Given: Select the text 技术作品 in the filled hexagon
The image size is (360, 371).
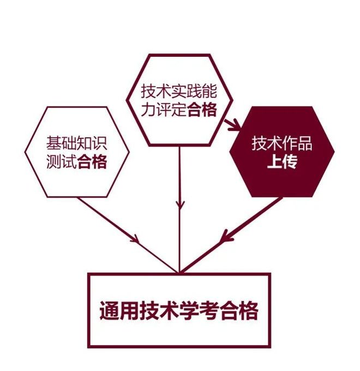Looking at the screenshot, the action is point(281,143).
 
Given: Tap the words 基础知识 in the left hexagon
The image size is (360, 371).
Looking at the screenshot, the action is point(76,143).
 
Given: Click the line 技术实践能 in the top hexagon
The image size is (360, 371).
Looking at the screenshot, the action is point(179,91).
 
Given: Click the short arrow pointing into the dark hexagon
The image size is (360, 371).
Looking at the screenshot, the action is point(232,125).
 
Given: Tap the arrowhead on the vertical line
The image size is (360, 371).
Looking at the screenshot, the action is point(180,205).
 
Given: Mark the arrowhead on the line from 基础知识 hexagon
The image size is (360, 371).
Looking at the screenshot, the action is point(134,239).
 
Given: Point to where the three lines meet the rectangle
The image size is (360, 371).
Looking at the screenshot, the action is point(179,273).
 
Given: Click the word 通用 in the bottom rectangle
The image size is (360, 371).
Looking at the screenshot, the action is point(119,310).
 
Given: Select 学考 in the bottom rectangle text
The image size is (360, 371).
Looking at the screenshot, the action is point(199,310).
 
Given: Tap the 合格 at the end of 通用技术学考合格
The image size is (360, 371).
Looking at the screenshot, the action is point(238,310).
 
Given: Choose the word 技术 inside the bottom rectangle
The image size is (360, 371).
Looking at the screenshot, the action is point(159,310).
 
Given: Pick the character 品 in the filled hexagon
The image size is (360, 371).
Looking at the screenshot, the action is point(305,143).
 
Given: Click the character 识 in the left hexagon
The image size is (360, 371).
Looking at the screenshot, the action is point(100,143).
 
